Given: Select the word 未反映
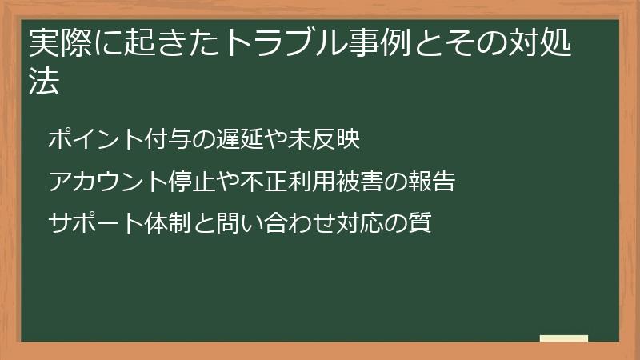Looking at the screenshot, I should pyautogui.click(x=326, y=140).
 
